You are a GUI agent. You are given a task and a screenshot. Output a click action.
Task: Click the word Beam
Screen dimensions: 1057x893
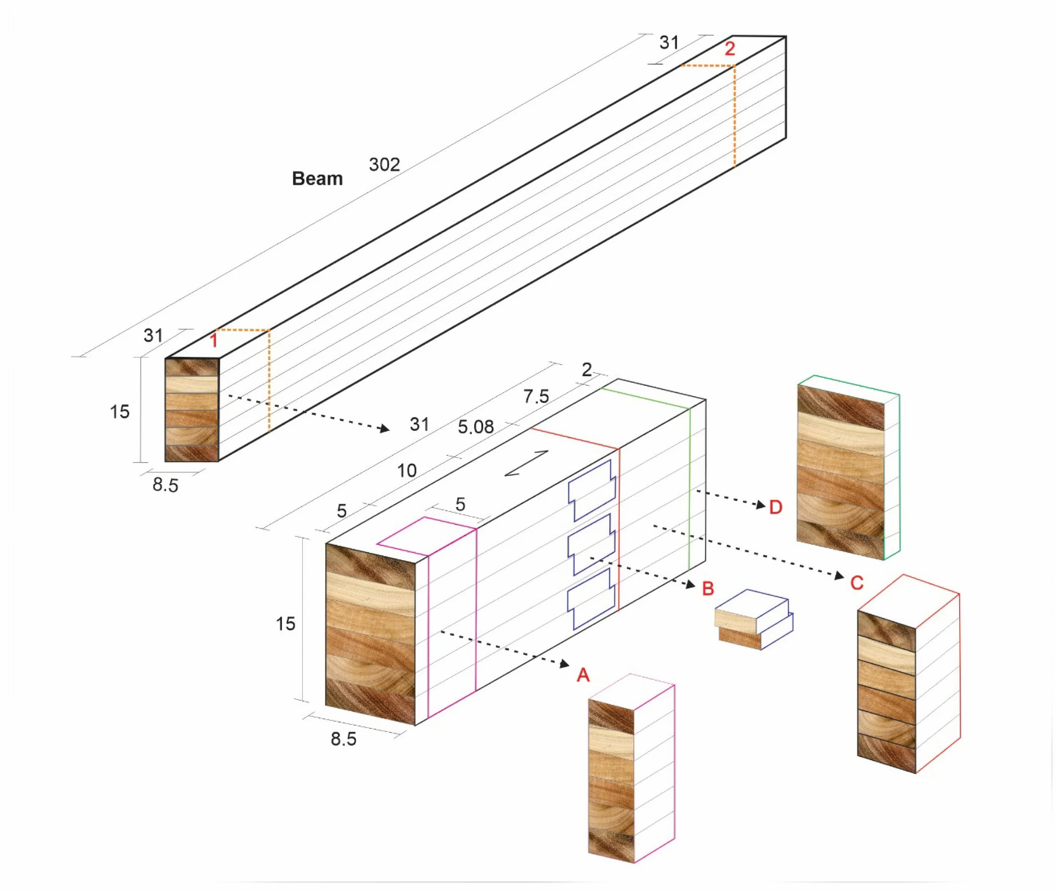point(317,179)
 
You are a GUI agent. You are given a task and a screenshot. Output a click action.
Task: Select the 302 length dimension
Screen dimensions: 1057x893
point(384,164)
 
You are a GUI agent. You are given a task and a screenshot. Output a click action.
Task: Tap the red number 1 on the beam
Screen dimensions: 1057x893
point(214,340)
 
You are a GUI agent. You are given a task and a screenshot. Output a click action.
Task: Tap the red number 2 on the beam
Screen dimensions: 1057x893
point(729,49)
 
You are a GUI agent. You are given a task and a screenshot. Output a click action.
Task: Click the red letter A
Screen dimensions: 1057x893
point(583,675)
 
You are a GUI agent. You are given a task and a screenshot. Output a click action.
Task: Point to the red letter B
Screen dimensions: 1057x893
point(708,589)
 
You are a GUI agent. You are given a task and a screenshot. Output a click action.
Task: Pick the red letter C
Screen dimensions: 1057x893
point(857,583)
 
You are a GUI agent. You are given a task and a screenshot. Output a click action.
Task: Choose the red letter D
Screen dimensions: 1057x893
point(775,507)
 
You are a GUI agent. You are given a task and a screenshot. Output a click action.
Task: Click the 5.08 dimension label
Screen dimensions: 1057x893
point(475,427)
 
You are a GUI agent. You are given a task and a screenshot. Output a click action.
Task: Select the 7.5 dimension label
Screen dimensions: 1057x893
point(536,396)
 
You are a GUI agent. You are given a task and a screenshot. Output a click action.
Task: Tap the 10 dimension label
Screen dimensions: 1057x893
point(406,471)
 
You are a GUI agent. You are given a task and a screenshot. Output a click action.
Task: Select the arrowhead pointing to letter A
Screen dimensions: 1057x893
point(565,664)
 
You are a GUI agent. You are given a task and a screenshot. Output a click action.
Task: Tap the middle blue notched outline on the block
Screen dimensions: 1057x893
point(591,545)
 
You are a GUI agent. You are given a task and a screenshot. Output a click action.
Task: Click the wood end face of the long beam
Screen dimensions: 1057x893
point(192,410)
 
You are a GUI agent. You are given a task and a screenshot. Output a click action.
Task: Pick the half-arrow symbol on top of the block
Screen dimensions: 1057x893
point(526,463)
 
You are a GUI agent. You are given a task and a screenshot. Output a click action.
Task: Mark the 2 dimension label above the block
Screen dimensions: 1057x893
point(587,370)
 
